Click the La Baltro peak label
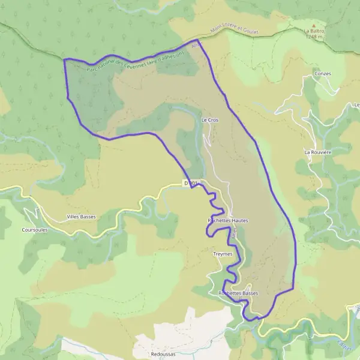(313, 31)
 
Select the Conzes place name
(322, 74)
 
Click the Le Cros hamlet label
(209, 120)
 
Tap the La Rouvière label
(317, 152)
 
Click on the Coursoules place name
(35, 229)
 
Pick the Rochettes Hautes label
(227, 221)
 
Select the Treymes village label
(222, 254)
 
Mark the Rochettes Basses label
(238, 293)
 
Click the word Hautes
(239, 221)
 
